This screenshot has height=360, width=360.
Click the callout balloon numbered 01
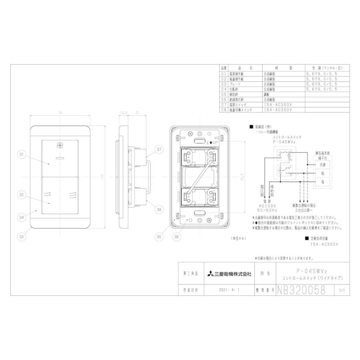pyautogui.click(x=21, y=154)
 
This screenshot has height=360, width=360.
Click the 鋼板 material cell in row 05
pyautogui.click(x=267, y=94)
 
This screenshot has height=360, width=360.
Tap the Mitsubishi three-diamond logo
pyautogui.click(x=210, y=274)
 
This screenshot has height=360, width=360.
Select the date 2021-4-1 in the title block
pyautogui.click(x=228, y=290)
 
